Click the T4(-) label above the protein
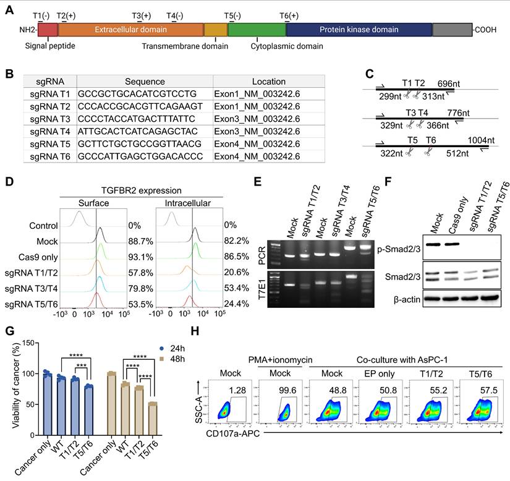point(175,15)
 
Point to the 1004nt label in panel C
point(480,140)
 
